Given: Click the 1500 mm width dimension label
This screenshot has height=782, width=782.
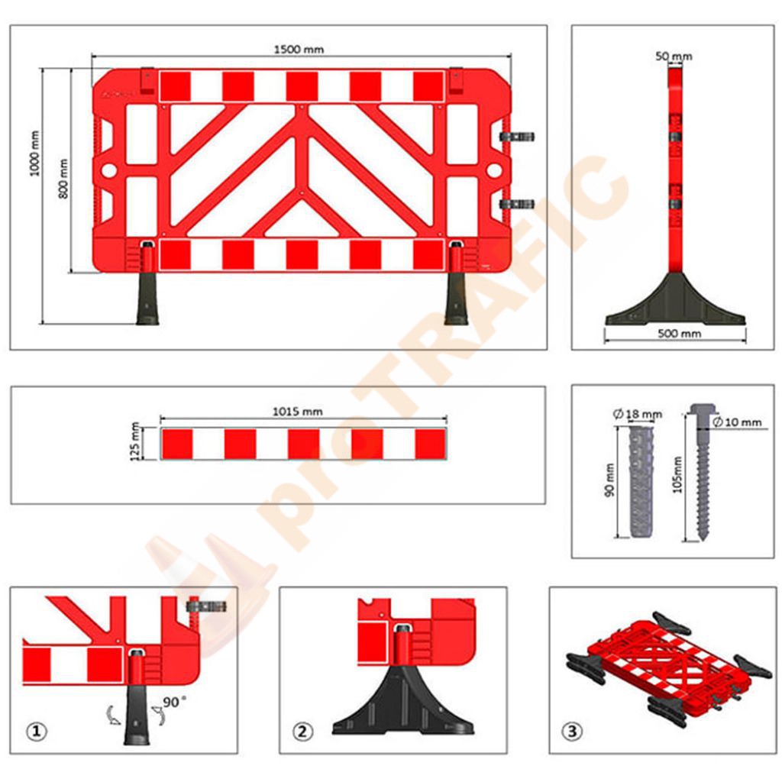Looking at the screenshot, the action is coord(299,50).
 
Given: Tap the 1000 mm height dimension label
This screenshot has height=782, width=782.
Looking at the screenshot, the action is coord(34,153).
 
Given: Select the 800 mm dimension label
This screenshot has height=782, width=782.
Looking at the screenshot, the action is coord(63,179).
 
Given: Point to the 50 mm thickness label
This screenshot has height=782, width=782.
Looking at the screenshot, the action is coord(674,57).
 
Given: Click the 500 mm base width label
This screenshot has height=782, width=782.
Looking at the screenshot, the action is coord(679,334).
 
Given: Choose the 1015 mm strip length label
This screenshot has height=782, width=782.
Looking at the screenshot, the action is coord(297,412).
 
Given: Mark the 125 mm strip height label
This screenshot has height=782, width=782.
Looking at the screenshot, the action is coord(134,442).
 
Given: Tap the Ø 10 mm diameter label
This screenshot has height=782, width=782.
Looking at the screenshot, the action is coord(737,422).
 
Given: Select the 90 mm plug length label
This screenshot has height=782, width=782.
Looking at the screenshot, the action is coord(609,480).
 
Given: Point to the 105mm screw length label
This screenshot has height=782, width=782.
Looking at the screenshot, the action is coord(677,475).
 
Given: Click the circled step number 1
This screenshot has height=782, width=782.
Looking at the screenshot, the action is coord(36,732).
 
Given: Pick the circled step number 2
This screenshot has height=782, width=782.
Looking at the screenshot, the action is coord(302,732).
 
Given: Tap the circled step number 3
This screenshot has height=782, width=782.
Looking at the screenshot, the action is coord(572,732).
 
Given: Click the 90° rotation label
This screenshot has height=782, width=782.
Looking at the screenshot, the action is coord(174,702).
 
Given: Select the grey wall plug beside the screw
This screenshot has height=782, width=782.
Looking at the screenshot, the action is coord(641,480).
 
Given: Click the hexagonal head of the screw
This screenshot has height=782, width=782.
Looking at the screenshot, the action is coord(703,409).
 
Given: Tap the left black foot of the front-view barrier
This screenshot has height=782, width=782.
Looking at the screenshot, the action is coord(147,297).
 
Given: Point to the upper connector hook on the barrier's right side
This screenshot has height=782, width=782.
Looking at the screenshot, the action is coord(518,137).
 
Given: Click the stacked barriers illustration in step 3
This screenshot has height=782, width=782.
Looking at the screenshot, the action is coord(668,666).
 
